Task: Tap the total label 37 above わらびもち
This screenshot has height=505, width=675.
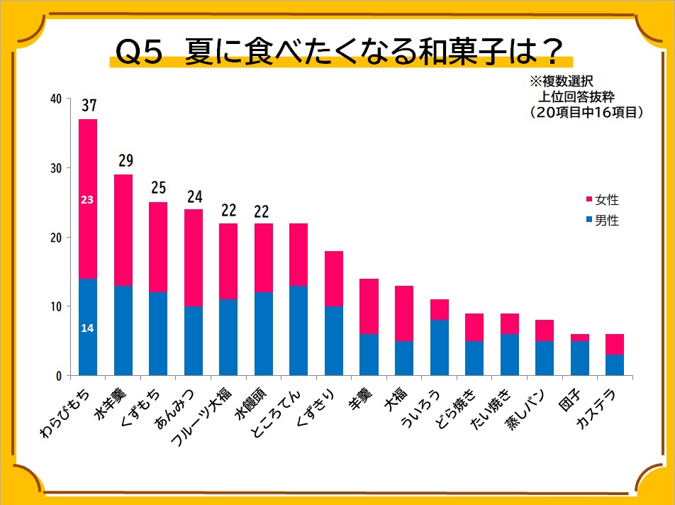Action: click(89, 106)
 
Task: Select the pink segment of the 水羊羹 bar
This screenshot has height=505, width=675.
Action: click(123, 230)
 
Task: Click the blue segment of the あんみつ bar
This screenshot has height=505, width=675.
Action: click(194, 340)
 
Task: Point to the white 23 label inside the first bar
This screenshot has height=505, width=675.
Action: click(87, 200)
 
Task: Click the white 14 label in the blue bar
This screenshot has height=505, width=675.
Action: click(87, 328)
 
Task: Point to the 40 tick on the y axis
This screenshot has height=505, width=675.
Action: click(56, 99)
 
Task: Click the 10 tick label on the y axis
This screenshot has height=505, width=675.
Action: click(56, 306)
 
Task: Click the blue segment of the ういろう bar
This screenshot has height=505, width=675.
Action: click(440, 348)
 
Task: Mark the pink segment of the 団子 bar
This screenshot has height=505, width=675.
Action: click(580, 338)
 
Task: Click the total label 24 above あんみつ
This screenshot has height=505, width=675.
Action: click(194, 196)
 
